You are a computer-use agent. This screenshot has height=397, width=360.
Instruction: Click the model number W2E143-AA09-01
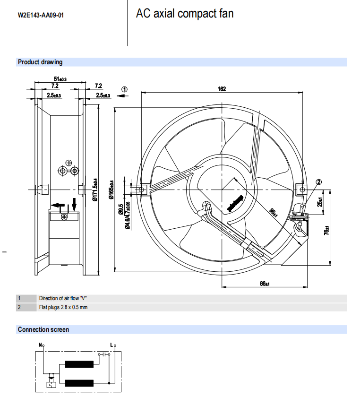tap(41, 15)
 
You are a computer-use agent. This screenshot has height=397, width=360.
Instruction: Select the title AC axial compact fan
tap(185, 14)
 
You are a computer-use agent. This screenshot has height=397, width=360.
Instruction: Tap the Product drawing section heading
tap(40, 62)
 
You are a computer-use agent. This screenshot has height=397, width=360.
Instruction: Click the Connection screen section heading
tap(43, 329)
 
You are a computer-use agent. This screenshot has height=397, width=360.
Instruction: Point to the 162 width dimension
tap(222, 89)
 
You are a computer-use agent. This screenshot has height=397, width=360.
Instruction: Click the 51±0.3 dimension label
tap(60, 79)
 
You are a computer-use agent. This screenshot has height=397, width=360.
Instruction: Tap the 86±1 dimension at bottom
tap(265, 284)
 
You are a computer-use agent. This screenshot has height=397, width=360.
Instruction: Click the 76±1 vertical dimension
tap(326, 231)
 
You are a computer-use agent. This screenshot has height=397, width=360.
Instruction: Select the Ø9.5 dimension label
tap(121, 209)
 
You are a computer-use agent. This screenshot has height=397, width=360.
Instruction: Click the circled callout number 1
tap(125, 89)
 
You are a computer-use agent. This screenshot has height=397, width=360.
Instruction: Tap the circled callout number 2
tap(318, 182)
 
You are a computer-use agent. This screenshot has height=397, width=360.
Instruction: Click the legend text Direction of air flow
tap(63, 298)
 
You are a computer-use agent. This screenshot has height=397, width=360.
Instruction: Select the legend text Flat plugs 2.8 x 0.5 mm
tap(63, 307)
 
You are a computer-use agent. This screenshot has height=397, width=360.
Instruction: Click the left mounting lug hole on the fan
tap(140, 190)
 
